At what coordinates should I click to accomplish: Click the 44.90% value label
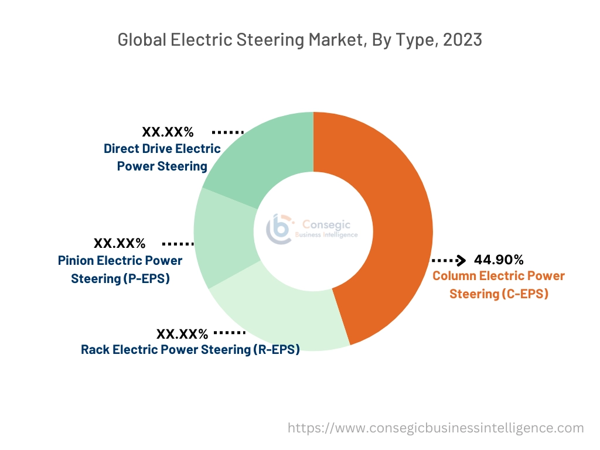click(499, 260)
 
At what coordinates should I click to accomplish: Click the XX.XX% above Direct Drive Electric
click(168, 132)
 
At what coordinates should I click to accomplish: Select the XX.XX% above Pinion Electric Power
click(120, 243)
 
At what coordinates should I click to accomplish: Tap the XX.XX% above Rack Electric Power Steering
click(182, 334)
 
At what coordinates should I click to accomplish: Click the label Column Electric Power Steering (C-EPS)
click(499, 285)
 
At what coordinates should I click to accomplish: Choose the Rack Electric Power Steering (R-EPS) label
click(190, 350)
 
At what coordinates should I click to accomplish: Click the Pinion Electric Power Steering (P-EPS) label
click(120, 269)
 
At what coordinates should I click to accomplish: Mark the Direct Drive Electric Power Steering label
click(162, 157)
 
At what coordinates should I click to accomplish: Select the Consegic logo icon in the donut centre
click(278, 229)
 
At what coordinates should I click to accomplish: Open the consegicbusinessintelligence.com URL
click(435, 428)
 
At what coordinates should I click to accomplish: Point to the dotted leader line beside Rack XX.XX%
click(229, 332)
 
